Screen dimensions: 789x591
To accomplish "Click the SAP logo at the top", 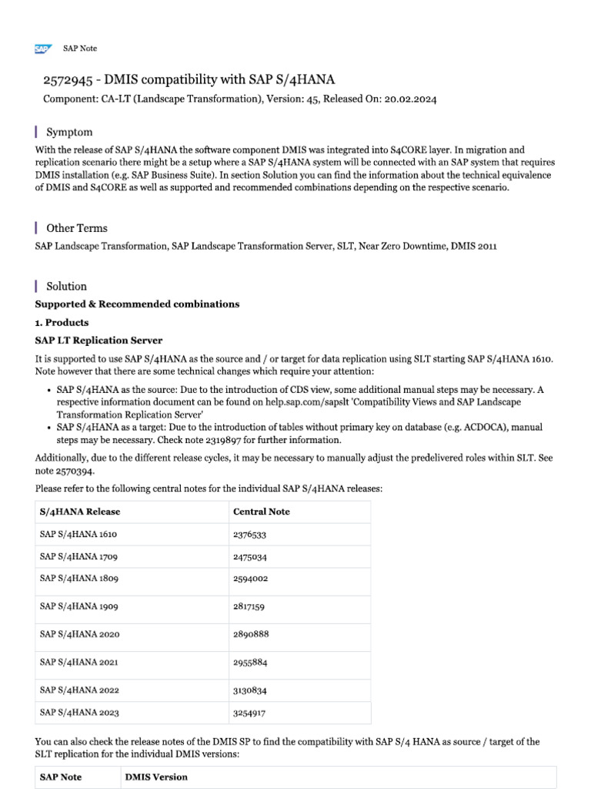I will [42, 49].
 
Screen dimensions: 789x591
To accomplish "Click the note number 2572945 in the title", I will [66, 80].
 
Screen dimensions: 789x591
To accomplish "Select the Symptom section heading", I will [69, 133].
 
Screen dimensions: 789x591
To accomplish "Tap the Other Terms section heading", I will [77, 228].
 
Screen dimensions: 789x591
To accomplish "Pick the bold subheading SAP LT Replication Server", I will [98, 340].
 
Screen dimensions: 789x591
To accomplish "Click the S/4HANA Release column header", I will [80, 512].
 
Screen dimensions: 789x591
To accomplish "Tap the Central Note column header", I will [261, 512].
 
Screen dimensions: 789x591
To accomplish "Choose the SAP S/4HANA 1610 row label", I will [78, 534].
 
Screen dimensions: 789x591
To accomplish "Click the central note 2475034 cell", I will [249, 556].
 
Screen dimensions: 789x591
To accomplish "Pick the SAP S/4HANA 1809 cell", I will [78, 578].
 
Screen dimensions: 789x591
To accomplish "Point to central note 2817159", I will [249, 607].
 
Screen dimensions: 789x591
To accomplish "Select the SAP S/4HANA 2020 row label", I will [79, 634].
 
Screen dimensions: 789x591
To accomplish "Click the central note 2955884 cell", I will [249, 662].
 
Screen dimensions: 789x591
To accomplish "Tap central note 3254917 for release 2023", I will [249, 713].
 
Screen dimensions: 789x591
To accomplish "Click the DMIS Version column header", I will [156, 777].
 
